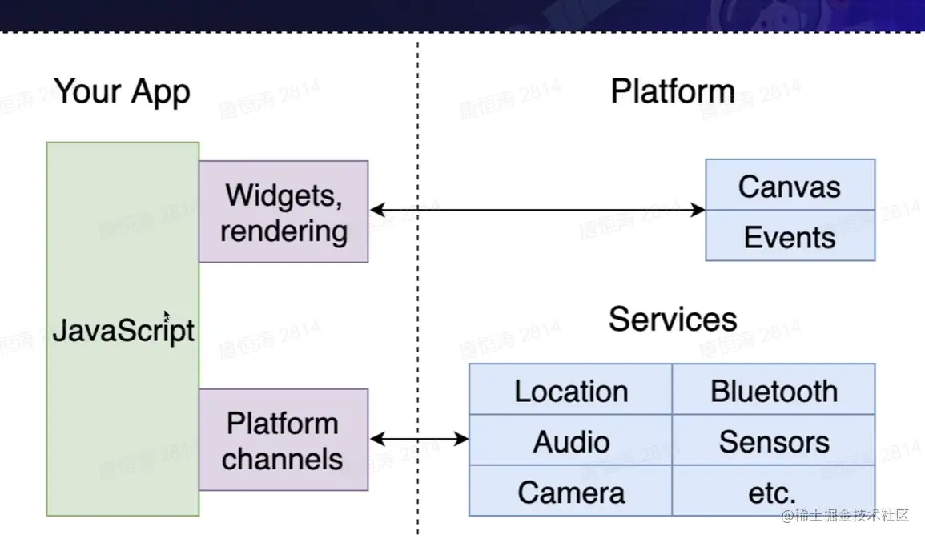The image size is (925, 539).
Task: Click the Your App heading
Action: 123,91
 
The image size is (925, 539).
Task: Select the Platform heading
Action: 672,91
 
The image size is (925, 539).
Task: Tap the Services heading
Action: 672,319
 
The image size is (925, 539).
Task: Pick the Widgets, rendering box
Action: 284,211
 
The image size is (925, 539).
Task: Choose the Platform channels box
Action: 284,440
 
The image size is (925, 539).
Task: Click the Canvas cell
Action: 790,186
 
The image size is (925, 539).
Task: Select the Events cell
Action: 790,237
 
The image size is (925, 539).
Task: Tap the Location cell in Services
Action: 570,391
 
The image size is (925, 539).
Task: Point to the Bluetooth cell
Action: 774,391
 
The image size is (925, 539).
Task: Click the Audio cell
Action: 570,441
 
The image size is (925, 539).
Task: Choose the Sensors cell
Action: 774,441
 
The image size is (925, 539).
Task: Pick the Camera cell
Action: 570,492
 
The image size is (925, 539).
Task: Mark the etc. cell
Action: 774,492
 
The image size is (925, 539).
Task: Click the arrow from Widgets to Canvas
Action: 537,210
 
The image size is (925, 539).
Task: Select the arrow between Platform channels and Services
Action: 419,439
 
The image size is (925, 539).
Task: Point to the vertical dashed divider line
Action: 417,304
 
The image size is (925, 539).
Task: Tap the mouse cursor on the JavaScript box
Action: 167,316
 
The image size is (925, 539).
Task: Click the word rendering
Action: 284,231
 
